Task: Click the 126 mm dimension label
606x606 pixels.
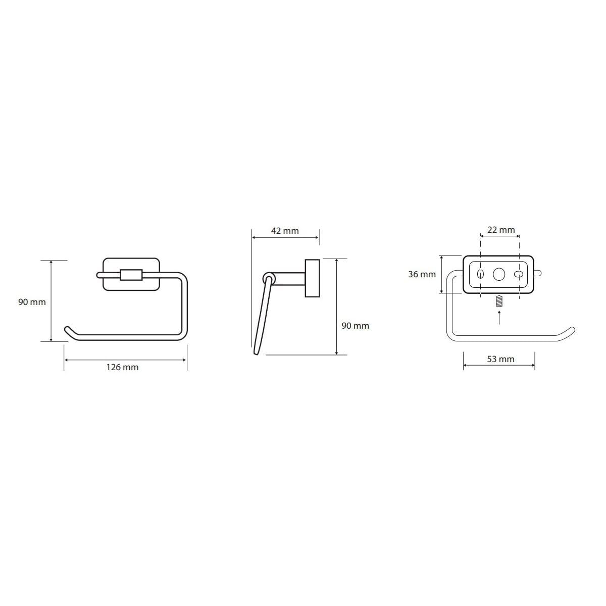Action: coord(122,367)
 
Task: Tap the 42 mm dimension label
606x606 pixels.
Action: coord(285,231)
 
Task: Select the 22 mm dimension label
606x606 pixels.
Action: coord(501,230)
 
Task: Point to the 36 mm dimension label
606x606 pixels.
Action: coord(422,274)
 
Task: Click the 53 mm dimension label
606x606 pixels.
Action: coord(500,359)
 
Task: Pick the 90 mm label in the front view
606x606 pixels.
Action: coord(32,302)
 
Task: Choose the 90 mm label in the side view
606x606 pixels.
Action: coord(356,326)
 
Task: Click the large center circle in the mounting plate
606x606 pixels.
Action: coord(499,274)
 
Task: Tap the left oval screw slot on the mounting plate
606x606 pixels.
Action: coord(480,274)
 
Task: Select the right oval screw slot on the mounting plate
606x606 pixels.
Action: coord(519,274)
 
